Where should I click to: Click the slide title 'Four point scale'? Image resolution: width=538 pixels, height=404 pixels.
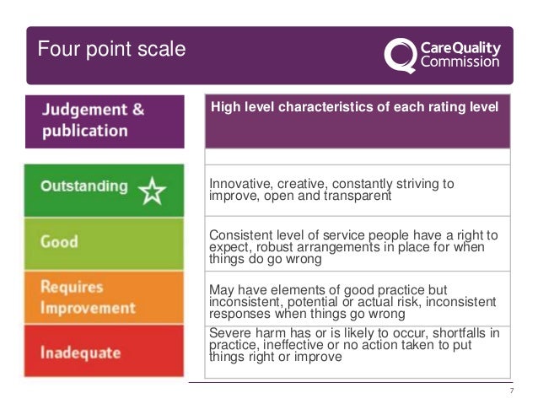110,49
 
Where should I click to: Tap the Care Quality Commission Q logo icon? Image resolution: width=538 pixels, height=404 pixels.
399,55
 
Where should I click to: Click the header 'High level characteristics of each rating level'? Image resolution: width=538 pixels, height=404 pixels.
354,106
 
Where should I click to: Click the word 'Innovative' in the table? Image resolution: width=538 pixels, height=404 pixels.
237,183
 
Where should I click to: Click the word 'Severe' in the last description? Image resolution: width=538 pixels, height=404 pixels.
229,332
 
